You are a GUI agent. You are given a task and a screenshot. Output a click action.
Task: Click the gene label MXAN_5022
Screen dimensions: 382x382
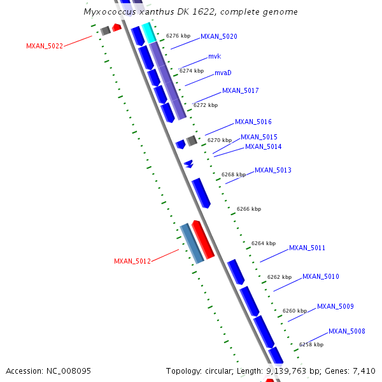pos(44,46)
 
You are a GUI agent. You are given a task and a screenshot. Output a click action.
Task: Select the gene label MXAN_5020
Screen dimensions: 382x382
pos(218,37)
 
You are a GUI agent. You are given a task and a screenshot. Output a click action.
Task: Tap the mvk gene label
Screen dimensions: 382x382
pos(214,57)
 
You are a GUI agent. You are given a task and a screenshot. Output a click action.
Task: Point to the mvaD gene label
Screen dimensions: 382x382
pos(223,73)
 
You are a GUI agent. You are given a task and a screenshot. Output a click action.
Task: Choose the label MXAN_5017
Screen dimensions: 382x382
pos(240,90)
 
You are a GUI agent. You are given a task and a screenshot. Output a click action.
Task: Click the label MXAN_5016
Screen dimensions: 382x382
pos(253,122)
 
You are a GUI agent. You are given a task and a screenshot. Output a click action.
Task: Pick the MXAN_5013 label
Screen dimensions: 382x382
pos(272,170)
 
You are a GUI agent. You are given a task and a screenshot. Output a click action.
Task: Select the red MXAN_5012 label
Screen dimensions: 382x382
pos(132,261)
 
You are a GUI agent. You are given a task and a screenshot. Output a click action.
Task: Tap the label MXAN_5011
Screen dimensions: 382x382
pos(307,248)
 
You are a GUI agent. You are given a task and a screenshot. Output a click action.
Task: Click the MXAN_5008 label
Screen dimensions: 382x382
pos(346,331)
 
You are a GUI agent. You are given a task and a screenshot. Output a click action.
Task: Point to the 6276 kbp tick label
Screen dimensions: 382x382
pos(178,36)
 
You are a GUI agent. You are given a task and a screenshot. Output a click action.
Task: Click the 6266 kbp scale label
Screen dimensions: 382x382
pos(249,209)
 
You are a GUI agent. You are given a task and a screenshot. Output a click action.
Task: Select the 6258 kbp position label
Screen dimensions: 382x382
pos(311,344)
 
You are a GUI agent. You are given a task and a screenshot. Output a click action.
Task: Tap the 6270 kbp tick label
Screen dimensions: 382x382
pos(220,140)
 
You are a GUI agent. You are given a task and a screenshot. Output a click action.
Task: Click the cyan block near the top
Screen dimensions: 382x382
pos(149,32)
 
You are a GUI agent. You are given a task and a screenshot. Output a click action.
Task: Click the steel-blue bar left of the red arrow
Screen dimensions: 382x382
pos(191,243)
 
